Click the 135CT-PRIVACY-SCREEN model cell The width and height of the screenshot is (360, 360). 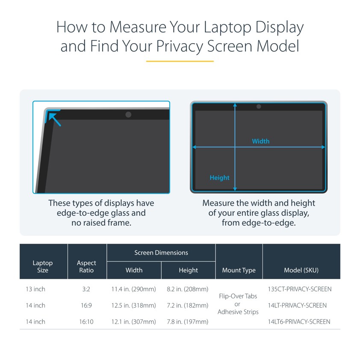click(x=300, y=289)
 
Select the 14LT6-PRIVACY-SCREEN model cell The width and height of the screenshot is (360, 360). click(x=299, y=322)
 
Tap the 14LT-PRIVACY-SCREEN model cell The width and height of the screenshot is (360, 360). click(x=297, y=305)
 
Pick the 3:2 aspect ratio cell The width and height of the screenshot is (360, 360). click(x=86, y=289)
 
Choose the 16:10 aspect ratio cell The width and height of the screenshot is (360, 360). click(x=86, y=322)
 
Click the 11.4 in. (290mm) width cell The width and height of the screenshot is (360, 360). click(x=134, y=289)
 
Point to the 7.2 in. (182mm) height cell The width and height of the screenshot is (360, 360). click(x=188, y=305)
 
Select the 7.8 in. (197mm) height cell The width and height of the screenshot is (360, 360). click(x=188, y=322)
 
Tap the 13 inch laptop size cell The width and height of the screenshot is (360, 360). click(x=35, y=289)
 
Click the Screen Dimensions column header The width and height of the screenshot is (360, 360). click(x=161, y=253)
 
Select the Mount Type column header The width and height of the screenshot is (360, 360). click(x=239, y=270)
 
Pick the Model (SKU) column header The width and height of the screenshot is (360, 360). click(x=301, y=270)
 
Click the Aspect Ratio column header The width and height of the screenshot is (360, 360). click(x=86, y=266)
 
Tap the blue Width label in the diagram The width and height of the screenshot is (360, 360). click(x=261, y=141)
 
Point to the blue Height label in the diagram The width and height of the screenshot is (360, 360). click(x=219, y=178)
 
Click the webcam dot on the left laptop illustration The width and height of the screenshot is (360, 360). click(x=128, y=114)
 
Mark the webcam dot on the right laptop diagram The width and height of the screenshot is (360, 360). click(x=259, y=106)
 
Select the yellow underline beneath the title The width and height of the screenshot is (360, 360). click(x=180, y=61)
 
